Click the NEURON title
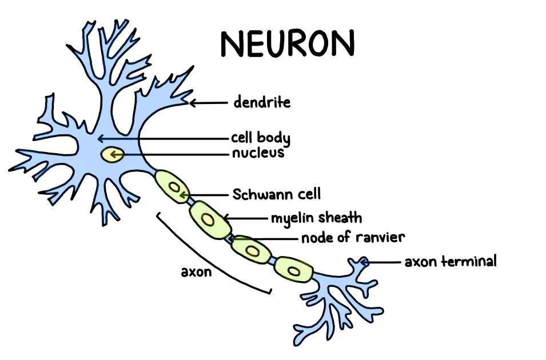[x=288, y=43]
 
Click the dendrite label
[x=262, y=103]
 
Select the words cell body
[x=260, y=138]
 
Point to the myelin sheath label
[x=316, y=218]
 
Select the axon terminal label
[x=451, y=262]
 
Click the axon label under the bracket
[x=196, y=272]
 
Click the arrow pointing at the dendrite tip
[x=209, y=103]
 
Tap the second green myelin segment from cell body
[x=209, y=220]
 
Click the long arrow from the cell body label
[x=166, y=138]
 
